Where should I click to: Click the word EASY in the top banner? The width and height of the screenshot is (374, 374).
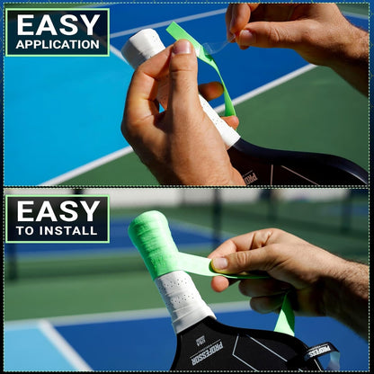57,23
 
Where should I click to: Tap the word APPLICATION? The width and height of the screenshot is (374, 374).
57,44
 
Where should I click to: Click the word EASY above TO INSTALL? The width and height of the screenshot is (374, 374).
57,211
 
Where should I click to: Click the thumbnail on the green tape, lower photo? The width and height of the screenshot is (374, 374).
219,263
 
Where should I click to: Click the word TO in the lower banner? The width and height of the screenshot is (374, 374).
24,231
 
